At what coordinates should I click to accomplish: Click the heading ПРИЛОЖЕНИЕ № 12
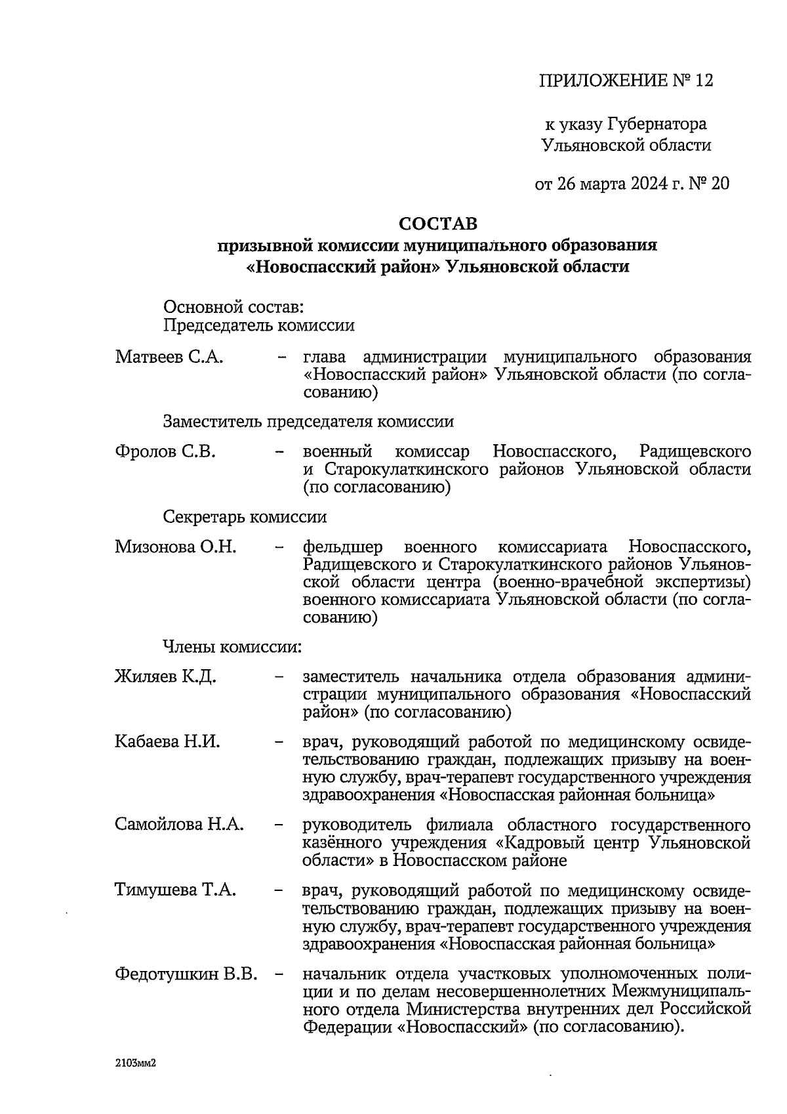[x=625, y=81]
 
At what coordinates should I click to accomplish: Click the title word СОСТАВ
[x=439, y=225]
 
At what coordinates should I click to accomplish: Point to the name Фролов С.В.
[x=165, y=452]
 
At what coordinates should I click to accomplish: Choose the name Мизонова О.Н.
[x=175, y=547]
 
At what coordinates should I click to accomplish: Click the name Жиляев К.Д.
[x=165, y=676]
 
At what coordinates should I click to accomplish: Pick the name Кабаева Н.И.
[x=167, y=742]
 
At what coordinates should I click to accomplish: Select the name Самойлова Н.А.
[x=179, y=824]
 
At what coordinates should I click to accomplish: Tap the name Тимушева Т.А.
[x=175, y=890]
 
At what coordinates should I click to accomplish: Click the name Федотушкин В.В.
[x=186, y=974]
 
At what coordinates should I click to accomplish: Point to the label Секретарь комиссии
[x=245, y=517]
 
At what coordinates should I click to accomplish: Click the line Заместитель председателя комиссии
[x=308, y=421]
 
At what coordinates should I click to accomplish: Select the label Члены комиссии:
[x=232, y=647]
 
